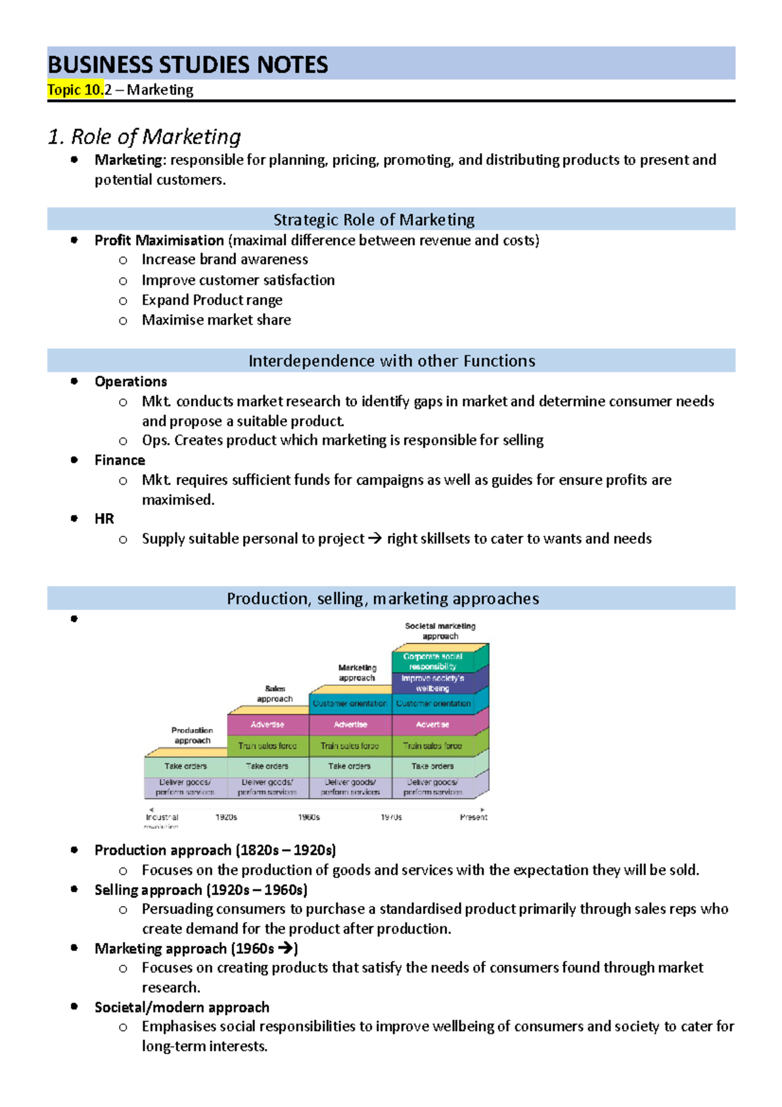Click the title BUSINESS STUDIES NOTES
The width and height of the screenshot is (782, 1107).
click(x=188, y=65)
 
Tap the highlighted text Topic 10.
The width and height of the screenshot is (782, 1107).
click(x=75, y=90)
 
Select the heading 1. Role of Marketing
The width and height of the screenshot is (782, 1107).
click(x=144, y=137)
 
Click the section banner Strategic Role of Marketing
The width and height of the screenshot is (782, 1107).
click(x=373, y=220)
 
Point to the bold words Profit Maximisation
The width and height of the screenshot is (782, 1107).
click(x=159, y=241)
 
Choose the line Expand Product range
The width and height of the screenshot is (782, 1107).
click(x=212, y=301)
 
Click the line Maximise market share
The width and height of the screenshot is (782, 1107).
click(x=216, y=320)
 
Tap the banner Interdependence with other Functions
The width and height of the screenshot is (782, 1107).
click(x=391, y=361)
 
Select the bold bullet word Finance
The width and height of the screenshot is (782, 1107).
click(x=120, y=460)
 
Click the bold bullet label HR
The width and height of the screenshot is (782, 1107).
click(x=104, y=519)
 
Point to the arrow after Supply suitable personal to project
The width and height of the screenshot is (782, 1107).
click(x=375, y=539)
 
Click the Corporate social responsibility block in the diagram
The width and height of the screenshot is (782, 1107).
click(x=433, y=661)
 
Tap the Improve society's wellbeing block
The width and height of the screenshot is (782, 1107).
click(x=433, y=683)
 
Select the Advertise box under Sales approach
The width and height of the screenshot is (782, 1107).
click(x=267, y=724)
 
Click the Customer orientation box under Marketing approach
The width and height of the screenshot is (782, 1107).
click(x=350, y=703)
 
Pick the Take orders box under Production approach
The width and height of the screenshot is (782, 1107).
click(x=185, y=766)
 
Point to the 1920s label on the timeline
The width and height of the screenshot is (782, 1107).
click(x=226, y=817)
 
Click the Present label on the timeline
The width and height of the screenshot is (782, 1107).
click(x=473, y=817)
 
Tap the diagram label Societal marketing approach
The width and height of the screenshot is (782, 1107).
click(x=440, y=630)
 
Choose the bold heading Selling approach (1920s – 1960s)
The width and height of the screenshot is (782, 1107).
click(x=201, y=890)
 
